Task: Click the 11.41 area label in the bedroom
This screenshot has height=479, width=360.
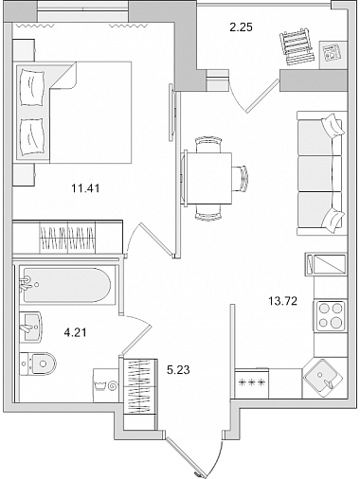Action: pyautogui.click(x=85, y=188)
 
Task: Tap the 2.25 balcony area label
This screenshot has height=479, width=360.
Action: pyautogui.click(x=241, y=27)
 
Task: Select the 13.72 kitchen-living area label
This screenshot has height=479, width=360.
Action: pyautogui.click(x=283, y=301)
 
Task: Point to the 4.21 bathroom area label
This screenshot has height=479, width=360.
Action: pyautogui.click(x=75, y=332)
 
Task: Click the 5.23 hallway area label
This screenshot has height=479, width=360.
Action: pyautogui.click(x=178, y=369)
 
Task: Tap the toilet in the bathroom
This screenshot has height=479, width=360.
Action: pyautogui.click(x=38, y=364)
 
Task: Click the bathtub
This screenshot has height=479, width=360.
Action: pyautogui.click(x=66, y=286)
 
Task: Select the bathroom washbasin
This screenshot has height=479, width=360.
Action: pyautogui.click(x=30, y=327)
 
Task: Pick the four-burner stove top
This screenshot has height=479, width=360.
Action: pyautogui.click(x=331, y=316)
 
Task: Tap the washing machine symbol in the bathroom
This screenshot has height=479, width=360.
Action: pyautogui.click(x=106, y=384)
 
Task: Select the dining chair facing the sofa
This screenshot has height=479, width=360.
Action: pyautogui.click(x=240, y=178)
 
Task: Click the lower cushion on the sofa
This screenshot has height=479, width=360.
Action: pyautogui.click(x=333, y=221)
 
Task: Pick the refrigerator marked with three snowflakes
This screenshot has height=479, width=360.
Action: pyautogui.click(x=252, y=383)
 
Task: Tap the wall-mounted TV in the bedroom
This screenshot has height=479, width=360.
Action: pyautogui.click(x=171, y=113)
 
